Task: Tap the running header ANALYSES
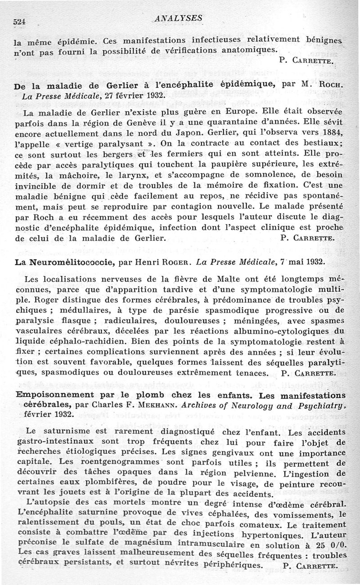coord(178,18)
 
